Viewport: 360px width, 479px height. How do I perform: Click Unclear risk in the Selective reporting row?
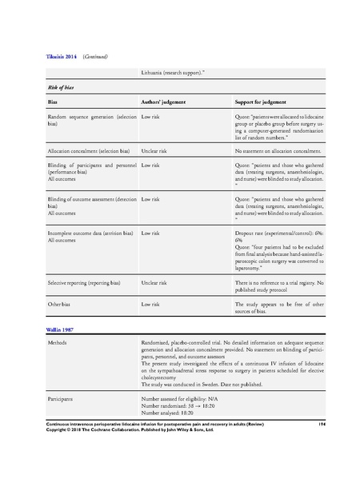click(x=158, y=282)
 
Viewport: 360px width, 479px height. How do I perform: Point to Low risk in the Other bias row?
click(x=153, y=305)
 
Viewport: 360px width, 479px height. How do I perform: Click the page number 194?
click(x=318, y=445)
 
